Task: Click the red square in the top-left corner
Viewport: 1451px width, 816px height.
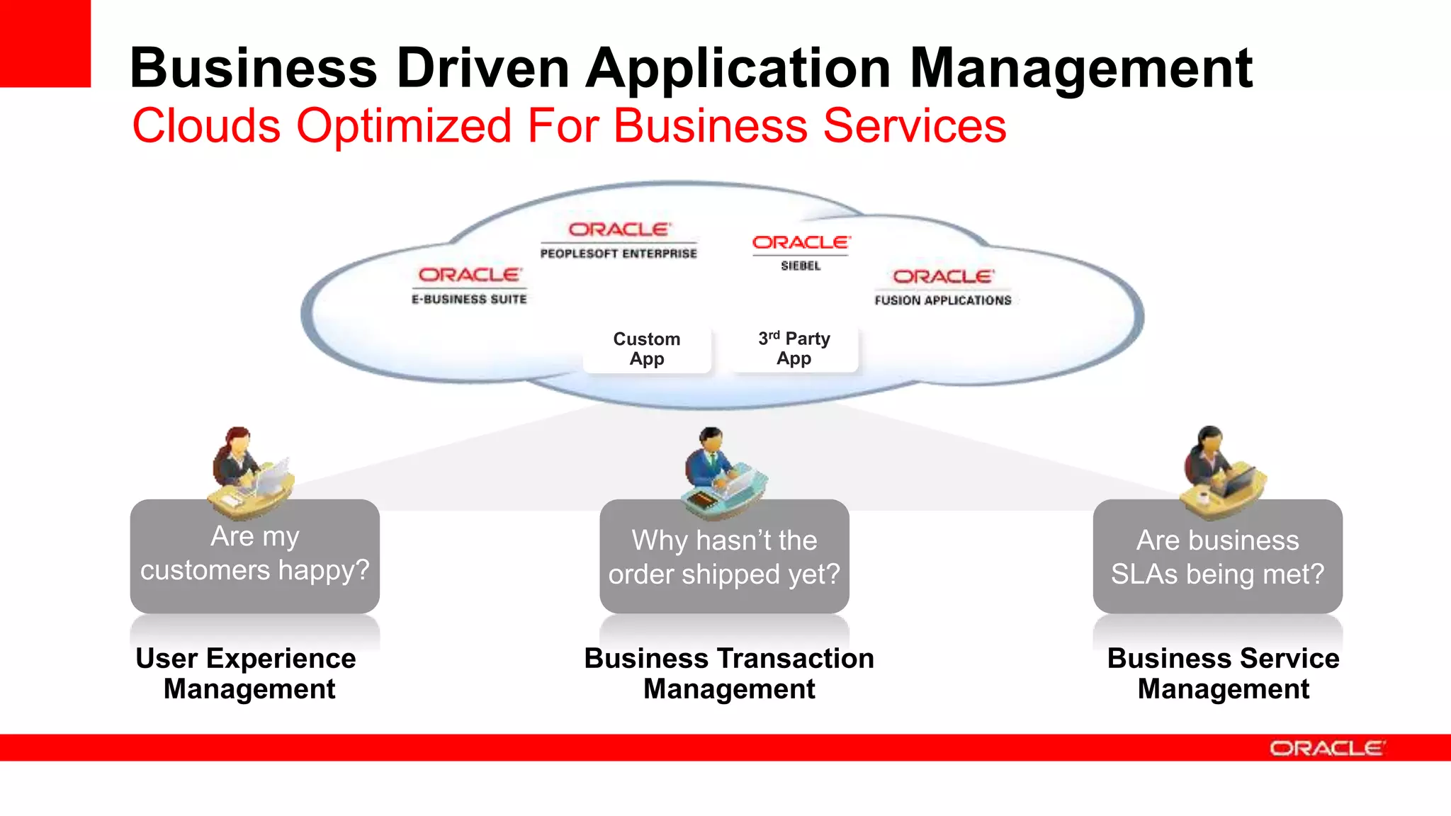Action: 45,42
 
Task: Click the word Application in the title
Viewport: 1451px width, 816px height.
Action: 738,68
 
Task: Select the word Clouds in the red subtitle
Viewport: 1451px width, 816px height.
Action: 206,126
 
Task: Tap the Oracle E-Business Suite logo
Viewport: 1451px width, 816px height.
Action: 469,285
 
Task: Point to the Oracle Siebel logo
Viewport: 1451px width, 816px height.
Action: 801,252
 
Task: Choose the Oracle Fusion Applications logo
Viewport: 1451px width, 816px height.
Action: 942,287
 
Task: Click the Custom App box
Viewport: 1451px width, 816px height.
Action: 647,348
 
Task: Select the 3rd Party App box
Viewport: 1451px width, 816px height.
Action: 794,348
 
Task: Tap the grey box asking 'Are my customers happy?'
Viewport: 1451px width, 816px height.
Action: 254,556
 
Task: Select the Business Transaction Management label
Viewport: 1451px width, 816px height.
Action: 729,673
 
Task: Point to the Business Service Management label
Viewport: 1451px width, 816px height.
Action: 1224,673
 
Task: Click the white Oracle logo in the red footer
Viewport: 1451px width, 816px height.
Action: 1326,748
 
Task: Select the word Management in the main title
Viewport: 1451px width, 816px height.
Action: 1081,68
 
